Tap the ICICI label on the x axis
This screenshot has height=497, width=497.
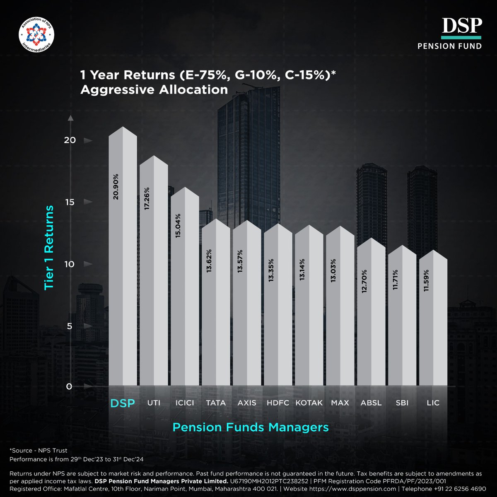coord(185,403)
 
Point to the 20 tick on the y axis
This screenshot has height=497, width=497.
coord(70,140)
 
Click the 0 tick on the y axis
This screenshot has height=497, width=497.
coord(69,386)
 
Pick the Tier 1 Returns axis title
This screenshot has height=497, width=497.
coord(49,247)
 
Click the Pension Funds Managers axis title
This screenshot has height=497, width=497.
coord(250,427)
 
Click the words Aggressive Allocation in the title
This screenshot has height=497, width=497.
coord(154,89)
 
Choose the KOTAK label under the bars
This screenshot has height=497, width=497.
coord(309,403)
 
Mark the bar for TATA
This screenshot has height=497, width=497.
coord(216,306)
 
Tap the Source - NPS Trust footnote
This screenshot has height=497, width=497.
coord(38,450)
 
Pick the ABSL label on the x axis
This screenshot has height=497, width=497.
coord(371,403)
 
